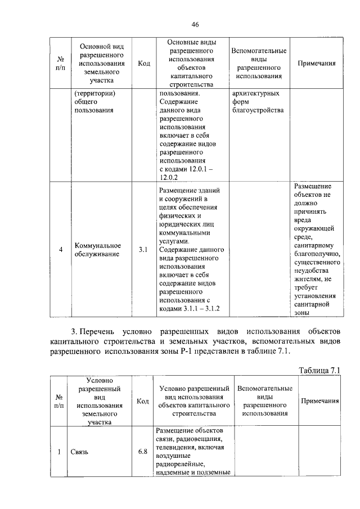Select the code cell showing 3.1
click(143, 250)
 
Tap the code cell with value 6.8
click(143, 452)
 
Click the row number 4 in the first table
click(60, 250)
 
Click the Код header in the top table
click(143, 64)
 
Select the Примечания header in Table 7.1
click(319, 401)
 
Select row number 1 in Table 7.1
click(60, 452)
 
